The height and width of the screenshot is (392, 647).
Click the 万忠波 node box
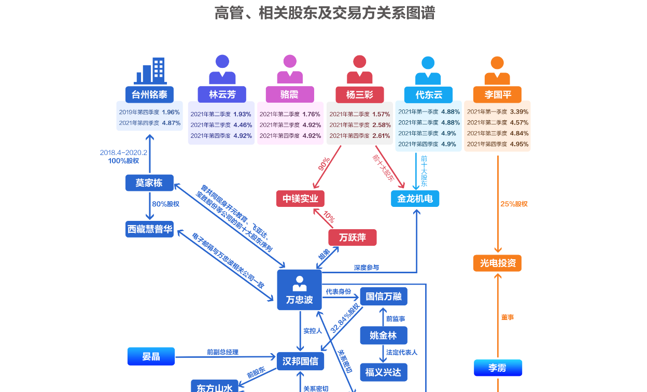(299, 290)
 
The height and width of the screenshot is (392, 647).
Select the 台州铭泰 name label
(149, 94)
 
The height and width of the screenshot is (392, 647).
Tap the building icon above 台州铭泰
(149, 70)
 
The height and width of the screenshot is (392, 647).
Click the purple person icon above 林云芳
(222, 69)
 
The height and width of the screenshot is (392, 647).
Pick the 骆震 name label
(290, 94)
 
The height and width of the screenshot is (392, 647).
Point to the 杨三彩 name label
(359, 94)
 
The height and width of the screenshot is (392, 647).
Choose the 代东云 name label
(428, 95)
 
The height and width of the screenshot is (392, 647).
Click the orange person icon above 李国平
(497, 71)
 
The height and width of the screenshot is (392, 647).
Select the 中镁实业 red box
(300, 199)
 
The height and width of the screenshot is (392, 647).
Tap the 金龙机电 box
(415, 199)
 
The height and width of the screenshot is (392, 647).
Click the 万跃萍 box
(353, 237)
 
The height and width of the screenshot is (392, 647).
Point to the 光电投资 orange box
(497, 263)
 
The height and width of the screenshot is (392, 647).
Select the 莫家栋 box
(149, 183)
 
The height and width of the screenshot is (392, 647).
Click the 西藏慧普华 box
(149, 229)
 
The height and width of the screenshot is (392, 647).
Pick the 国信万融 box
(384, 296)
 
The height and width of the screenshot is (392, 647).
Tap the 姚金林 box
(384, 335)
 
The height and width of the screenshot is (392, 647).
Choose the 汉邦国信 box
(301, 361)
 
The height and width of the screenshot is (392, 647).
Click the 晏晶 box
(151, 356)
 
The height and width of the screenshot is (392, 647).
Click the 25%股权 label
(514, 204)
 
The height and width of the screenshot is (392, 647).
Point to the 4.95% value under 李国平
(519, 144)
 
